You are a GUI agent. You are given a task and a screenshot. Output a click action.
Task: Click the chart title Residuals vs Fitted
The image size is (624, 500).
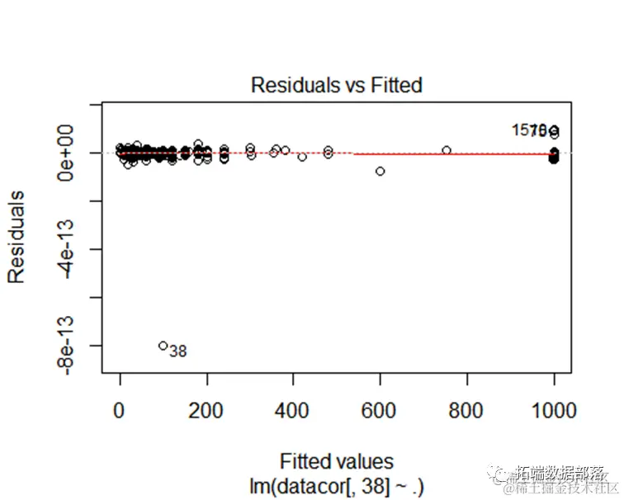336,85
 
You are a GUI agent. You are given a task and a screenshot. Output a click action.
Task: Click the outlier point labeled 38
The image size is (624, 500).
163,346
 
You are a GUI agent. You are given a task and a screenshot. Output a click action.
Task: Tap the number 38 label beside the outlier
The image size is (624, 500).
177,351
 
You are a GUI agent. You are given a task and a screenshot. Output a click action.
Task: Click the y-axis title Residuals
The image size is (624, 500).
17,237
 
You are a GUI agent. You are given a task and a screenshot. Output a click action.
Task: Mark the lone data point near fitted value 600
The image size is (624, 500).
380,171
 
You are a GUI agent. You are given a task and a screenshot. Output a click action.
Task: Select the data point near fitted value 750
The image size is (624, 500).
447,150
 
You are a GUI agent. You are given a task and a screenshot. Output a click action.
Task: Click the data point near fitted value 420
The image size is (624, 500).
302,157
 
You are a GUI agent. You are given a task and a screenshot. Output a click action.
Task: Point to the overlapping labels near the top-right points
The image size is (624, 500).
533,130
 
